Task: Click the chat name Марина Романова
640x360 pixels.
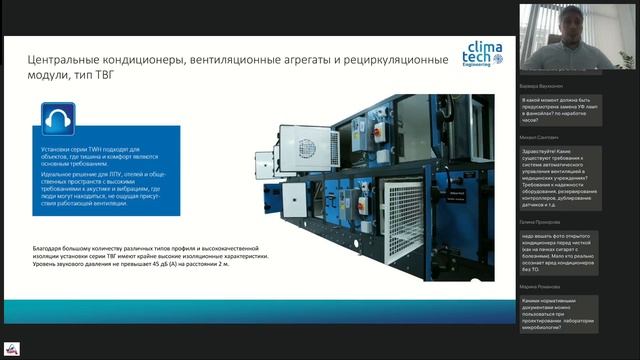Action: pos(540,286)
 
